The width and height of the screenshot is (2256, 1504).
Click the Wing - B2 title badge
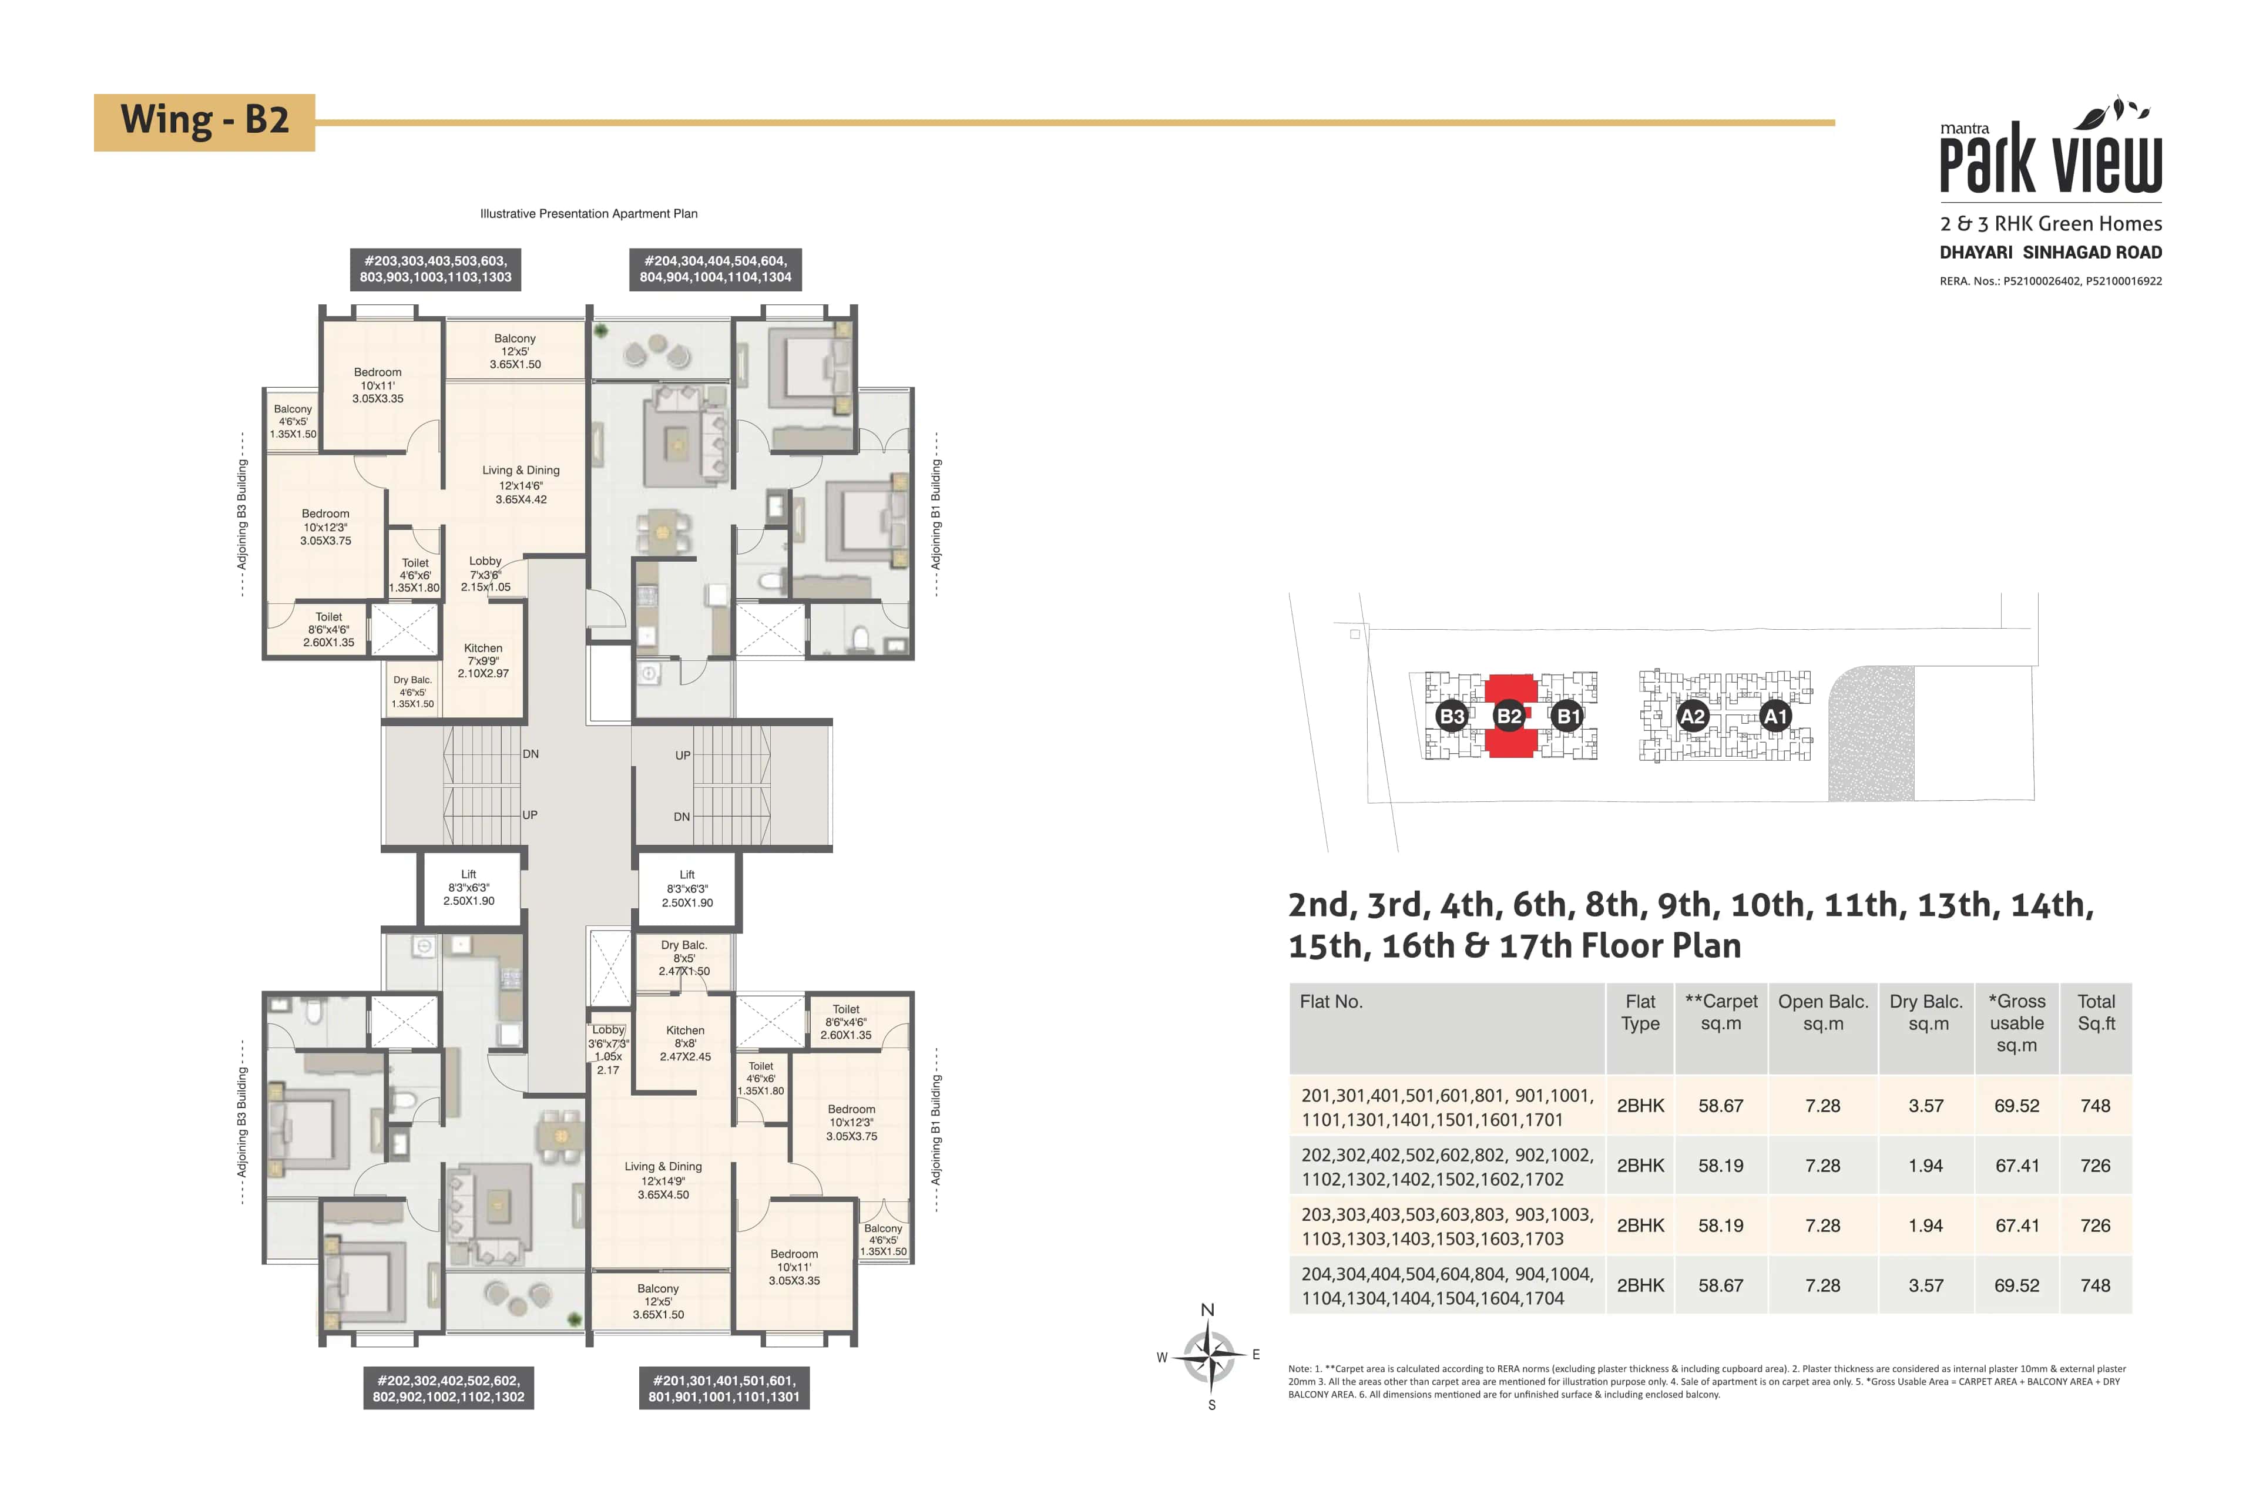[204, 122]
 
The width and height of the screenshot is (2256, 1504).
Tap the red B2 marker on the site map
[1509, 716]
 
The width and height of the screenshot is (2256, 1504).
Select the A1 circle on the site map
[1775, 716]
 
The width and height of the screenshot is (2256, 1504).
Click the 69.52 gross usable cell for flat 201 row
[2016, 1106]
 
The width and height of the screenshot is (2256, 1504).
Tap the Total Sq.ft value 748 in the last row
[2095, 1285]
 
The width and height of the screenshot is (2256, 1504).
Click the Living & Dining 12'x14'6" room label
[521, 484]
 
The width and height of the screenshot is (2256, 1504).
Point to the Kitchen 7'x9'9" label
[484, 660]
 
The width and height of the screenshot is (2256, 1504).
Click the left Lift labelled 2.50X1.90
[469, 887]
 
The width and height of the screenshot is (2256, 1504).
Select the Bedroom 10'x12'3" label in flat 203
[326, 526]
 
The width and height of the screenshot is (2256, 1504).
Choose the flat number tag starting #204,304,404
[716, 268]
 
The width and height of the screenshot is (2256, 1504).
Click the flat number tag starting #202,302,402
[449, 1388]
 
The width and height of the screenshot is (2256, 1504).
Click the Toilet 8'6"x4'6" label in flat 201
[846, 1022]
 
